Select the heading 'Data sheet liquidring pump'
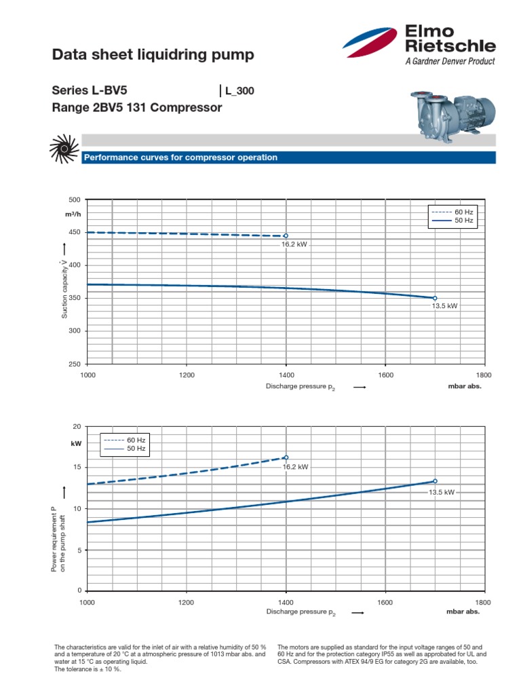(x=153, y=55)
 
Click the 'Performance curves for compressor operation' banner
(x=180, y=157)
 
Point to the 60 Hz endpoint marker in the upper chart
(x=286, y=236)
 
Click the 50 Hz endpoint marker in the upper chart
(x=435, y=298)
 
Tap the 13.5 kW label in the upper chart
(x=444, y=306)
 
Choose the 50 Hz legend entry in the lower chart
(x=123, y=449)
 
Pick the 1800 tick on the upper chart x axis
(x=484, y=375)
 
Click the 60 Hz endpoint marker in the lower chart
(x=286, y=457)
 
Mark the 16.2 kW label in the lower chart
(x=295, y=467)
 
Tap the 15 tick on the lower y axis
(x=76, y=468)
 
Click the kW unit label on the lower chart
(x=75, y=443)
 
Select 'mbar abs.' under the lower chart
(x=463, y=612)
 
